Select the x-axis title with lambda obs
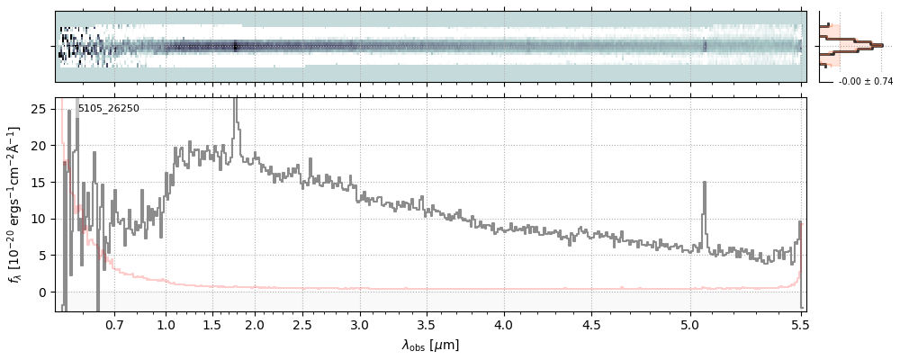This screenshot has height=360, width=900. pyautogui.click(x=430, y=345)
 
